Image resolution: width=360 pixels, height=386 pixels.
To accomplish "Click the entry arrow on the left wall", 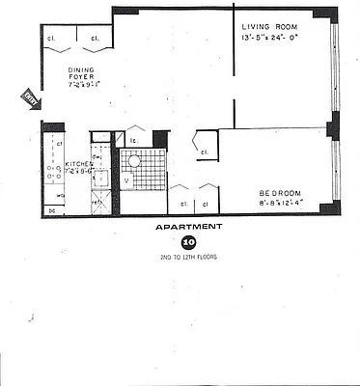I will (29, 96).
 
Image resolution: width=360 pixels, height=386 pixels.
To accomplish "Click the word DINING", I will (81, 69).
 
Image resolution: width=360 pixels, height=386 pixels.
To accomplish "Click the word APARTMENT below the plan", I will (189, 228).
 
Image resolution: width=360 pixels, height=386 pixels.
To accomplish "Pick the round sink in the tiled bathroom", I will (136, 162).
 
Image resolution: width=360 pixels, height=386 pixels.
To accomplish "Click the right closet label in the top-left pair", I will (96, 39).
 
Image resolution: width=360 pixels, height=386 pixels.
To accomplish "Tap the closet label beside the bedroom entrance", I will (205, 152).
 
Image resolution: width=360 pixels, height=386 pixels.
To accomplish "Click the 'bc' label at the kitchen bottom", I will (51, 208).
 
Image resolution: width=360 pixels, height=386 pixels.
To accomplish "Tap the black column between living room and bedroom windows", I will (333, 125).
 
